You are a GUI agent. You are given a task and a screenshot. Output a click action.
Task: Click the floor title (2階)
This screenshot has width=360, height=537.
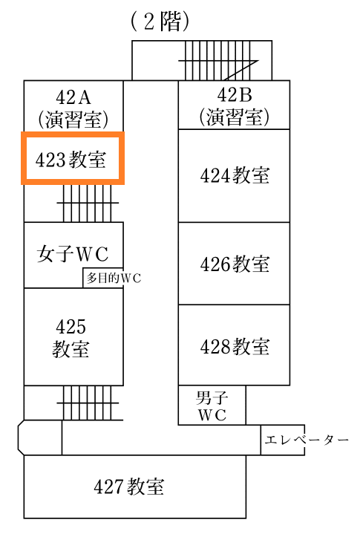[x=160, y=22]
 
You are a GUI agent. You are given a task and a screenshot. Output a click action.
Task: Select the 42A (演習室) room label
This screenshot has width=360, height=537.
[x=73, y=108]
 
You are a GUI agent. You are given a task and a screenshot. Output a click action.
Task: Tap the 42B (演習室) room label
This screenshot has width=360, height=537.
[x=235, y=105]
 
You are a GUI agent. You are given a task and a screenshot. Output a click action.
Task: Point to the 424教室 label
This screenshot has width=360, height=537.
[x=235, y=175]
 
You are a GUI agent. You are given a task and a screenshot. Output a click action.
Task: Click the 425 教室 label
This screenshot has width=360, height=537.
[x=71, y=337]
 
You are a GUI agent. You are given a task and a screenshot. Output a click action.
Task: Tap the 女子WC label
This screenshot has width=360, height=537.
[x=73, y=254]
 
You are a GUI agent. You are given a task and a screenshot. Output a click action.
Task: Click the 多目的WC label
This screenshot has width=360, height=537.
[x=114, y=278]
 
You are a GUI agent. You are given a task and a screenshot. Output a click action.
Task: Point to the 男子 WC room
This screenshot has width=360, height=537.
[x=212, y=405]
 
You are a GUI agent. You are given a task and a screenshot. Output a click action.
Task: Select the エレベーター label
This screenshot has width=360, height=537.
[x=307, y=440]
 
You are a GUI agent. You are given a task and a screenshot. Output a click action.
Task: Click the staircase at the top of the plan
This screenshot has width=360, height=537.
[x=218, y=61]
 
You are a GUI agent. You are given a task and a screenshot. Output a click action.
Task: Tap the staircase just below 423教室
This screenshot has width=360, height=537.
[x=88, y=203]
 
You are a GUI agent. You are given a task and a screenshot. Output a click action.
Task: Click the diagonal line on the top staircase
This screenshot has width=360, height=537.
[x=241, y=71]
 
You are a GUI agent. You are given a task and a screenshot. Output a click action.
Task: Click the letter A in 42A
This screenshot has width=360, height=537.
[x=84, y=97]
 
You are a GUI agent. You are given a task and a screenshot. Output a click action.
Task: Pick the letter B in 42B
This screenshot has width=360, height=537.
[x=246, y=95]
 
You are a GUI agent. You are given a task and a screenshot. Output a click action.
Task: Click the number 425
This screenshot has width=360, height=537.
[x=71, y=326]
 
